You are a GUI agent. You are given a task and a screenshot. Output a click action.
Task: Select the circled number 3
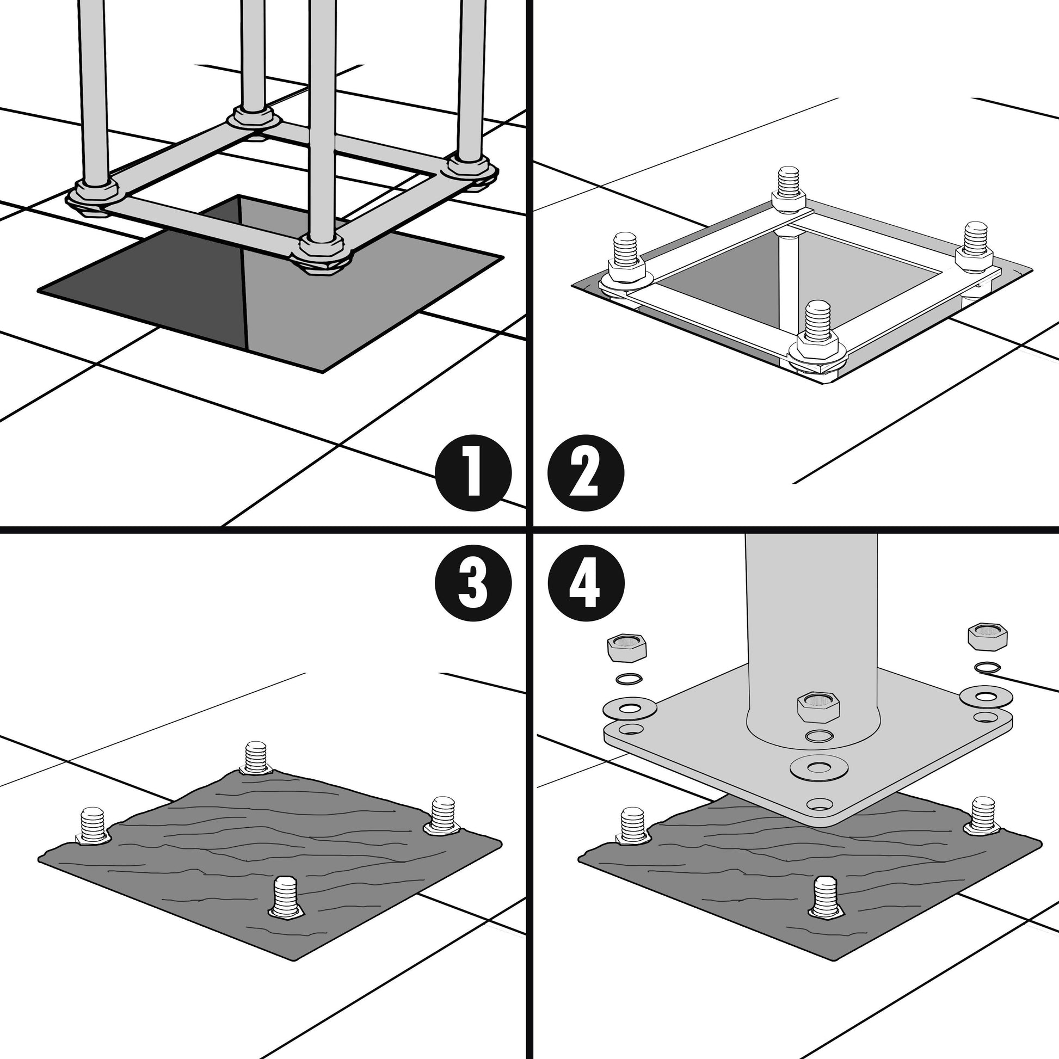(x=473, y=583)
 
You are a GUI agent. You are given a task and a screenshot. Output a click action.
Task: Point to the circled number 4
(x=586, y=583)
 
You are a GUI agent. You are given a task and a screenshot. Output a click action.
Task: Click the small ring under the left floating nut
(x=628, y=679)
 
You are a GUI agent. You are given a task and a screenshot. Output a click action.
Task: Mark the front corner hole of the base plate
(x=820, y=805)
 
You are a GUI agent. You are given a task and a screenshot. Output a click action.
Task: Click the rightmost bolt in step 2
(x=974, y=247)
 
